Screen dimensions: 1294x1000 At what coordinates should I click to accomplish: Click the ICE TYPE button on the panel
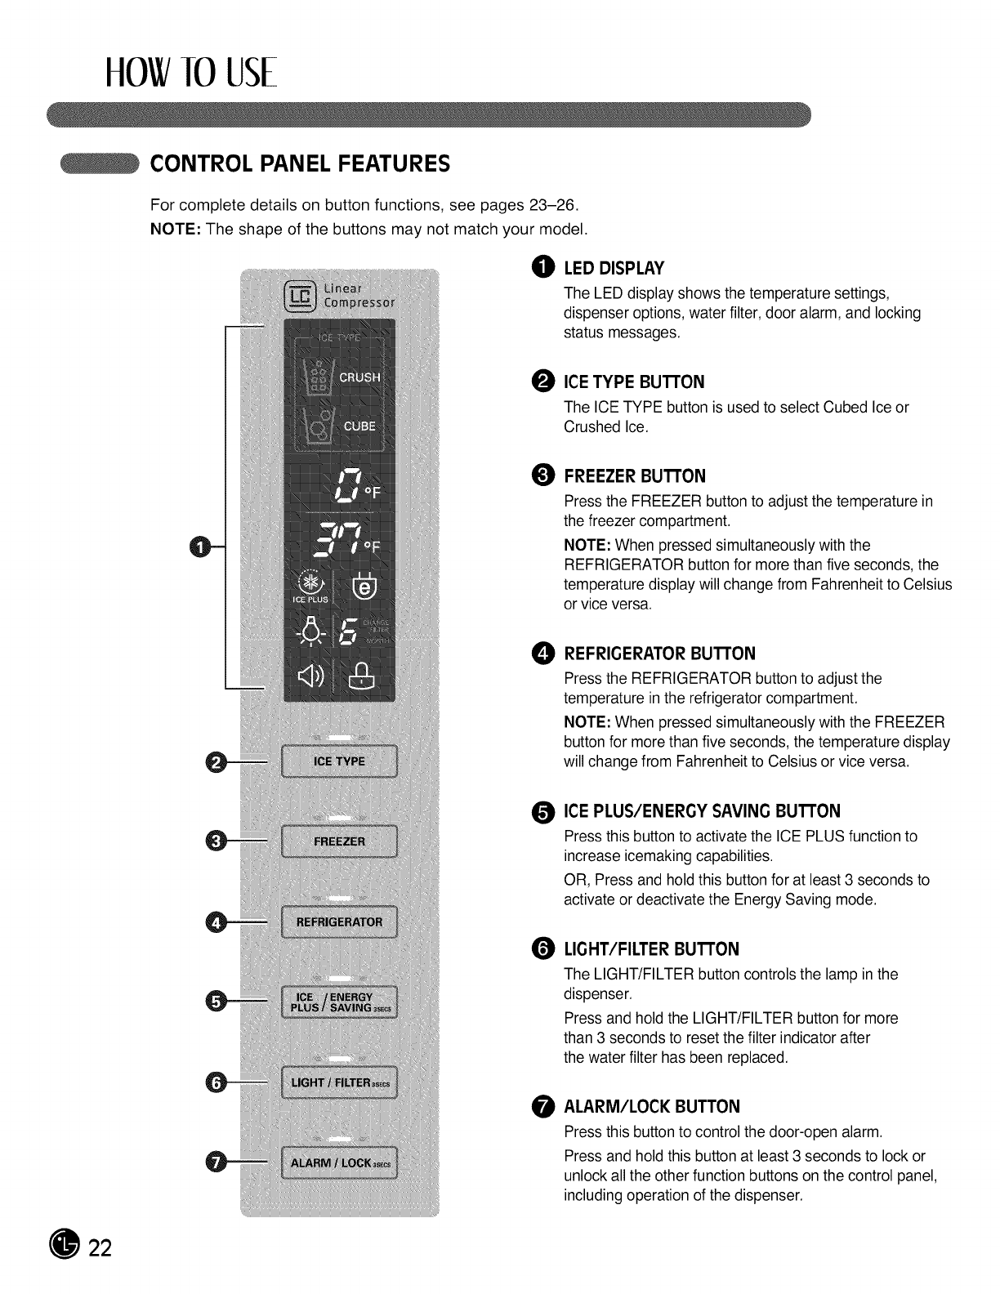(x=339, y=761)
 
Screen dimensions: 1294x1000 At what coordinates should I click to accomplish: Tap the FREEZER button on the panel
(x=339, y=841)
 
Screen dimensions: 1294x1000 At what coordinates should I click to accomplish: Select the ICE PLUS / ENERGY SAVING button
(x=339, y=1002)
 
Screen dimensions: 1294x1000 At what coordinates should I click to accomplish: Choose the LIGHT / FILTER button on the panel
(x=339, y=1082)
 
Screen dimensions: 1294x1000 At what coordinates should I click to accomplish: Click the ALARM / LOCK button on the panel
(x=339, y=1163)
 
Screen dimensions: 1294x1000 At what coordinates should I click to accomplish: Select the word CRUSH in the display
(x=359, y=377)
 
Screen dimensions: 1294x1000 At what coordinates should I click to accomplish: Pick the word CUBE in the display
(x=359, y=426)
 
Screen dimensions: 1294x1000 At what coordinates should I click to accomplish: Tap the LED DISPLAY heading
(x=614, y=269)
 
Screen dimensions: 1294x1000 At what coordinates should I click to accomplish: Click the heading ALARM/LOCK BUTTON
(x=652, y=1107)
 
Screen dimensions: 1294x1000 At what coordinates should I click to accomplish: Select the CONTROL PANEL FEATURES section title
(x=300, y=163)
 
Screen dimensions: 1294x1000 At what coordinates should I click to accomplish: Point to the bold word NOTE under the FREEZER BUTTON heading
(x=587, y=545)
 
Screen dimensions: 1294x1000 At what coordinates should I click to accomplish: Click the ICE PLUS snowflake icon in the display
(x=310, y=582)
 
